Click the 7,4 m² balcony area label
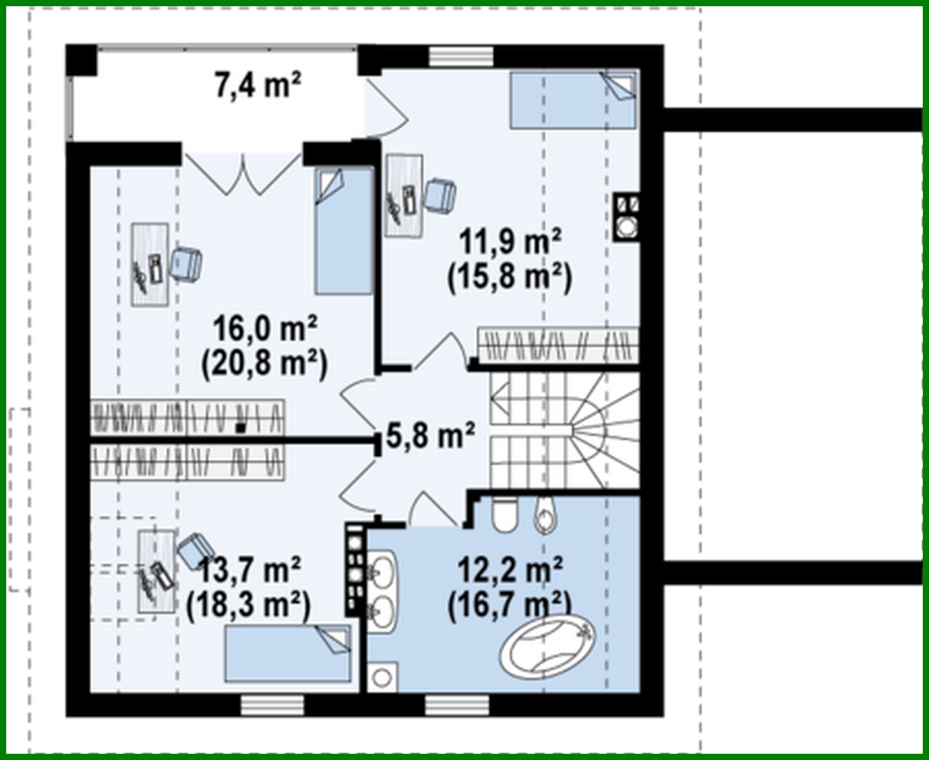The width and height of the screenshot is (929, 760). (x=257, y=87)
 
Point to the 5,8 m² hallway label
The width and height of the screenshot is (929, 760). (x=430, y=436)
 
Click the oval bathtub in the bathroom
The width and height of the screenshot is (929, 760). (x=547, y=648)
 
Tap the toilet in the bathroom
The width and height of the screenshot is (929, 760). (x=504, y=514)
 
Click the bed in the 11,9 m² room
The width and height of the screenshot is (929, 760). (x=573, y=100)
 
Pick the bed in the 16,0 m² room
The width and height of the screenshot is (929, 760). (x=344, y=231)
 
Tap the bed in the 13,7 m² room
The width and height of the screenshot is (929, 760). (x=287, y=653)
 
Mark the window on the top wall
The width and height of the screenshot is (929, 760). (x=460, y=55)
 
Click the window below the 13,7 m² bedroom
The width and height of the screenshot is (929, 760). (x=273, y=705)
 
